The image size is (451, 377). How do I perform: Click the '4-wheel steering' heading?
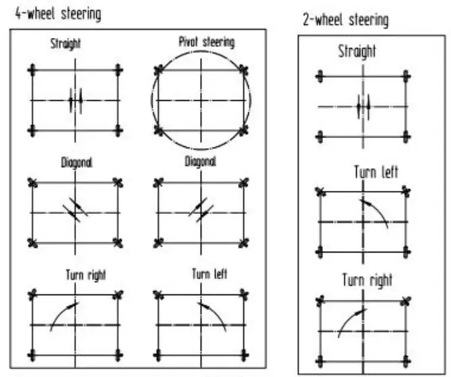pyautogui.click(x=58, y=13)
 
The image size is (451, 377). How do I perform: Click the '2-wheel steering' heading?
pyautogui.click(x=346, y=20)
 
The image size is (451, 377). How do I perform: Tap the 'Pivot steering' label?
pyautogui.click(x=206, y=42)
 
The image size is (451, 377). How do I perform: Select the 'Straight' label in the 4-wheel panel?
pyautogui.click(x=65, y=44)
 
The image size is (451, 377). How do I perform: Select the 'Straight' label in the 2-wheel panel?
pyautogui.click(x=357, y=52)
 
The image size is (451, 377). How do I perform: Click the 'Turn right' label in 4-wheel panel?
pyautogui.click(x=86, y=275)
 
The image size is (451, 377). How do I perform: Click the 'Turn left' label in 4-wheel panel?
pyautogui.click(x=210, y=274)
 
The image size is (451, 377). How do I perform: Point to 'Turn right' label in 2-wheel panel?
pyautogui.click(x=367, y=280)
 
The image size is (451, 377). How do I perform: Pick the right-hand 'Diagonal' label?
pyautogui.click(x=201, y=162)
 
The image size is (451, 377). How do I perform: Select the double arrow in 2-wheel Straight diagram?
pyautogui.click(x=363, y=106)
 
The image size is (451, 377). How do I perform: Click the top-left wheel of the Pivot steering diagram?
pyautogui.click(x=159, y=70)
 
